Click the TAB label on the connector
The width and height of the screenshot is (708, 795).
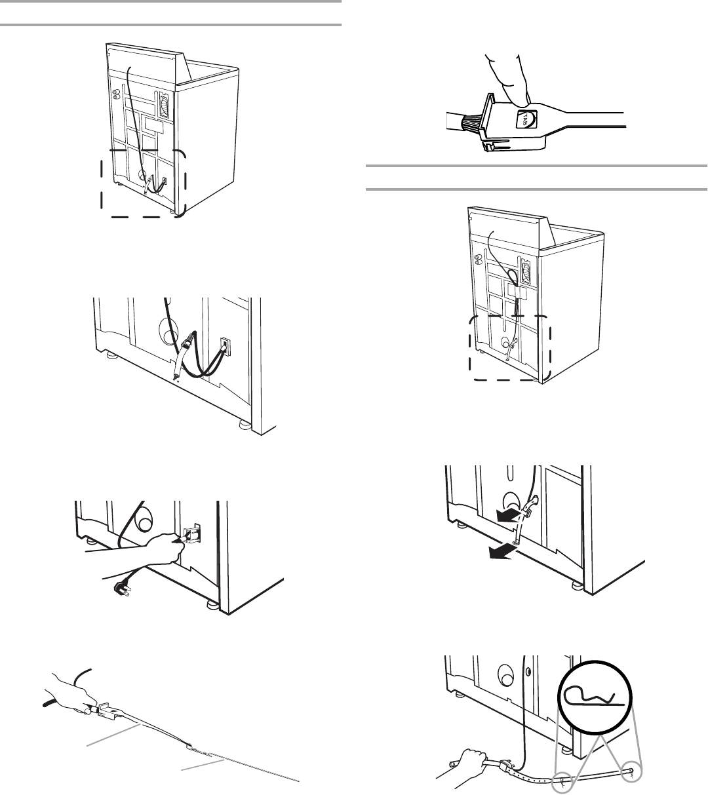pyautogui.click(x=526, y=119)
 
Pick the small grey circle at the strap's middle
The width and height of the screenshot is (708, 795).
pyautogui.click(x=561, y=781)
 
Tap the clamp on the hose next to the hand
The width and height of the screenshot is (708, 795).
pyautogui.click(x=505, y=765)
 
